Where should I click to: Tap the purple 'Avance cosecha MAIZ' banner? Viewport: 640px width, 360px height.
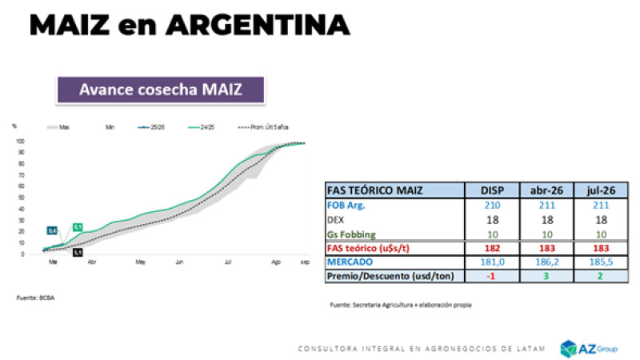(160, 89)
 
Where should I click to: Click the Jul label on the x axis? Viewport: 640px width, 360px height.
(229, 262)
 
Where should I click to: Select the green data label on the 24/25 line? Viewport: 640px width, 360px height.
(78, 227)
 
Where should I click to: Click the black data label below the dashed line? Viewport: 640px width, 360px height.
(78, 252)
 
